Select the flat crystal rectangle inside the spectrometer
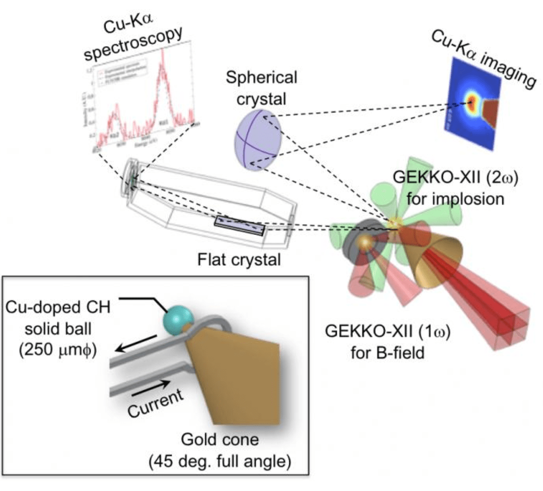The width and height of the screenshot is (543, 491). [x=239, y=226]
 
